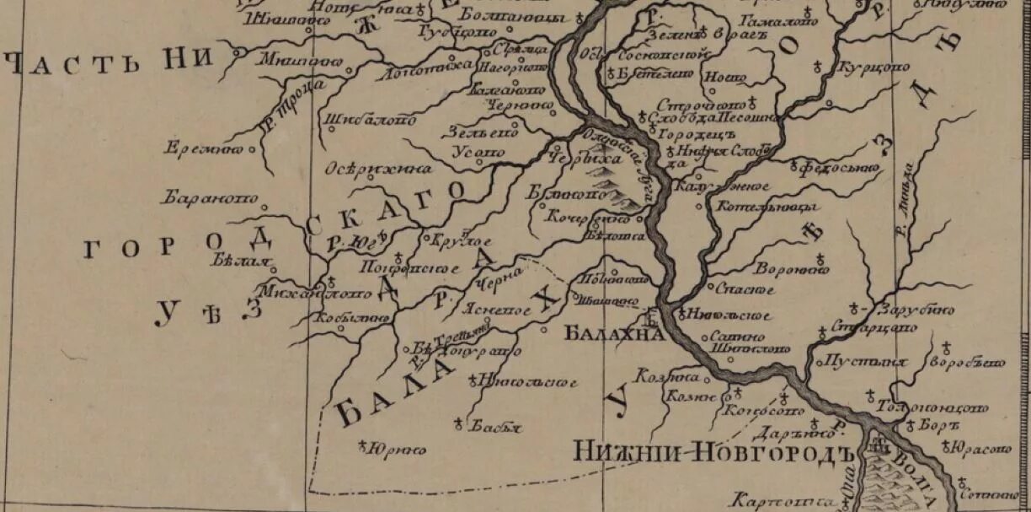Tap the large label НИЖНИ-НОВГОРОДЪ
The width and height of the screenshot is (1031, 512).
point(709,452)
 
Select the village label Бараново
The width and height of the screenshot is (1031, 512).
point(210,199)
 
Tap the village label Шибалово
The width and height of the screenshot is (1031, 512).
point(370,120)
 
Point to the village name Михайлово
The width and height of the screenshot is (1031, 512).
point(316,294)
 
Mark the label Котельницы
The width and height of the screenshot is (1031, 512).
point(764,207)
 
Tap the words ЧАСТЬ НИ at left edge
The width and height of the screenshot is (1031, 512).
point(106,64)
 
